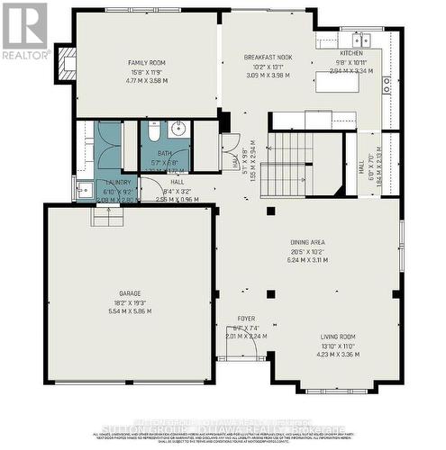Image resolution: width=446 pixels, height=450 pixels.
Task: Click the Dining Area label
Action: [308, 242]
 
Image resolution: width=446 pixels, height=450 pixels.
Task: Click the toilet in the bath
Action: [154, 134]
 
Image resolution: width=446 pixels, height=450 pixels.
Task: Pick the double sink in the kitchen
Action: [361, 40]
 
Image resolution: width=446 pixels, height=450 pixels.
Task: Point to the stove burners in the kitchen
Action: [387, 85]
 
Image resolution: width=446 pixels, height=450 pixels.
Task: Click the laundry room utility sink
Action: [84, 190]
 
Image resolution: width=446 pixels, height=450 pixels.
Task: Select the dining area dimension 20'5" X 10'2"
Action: [308, 251]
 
